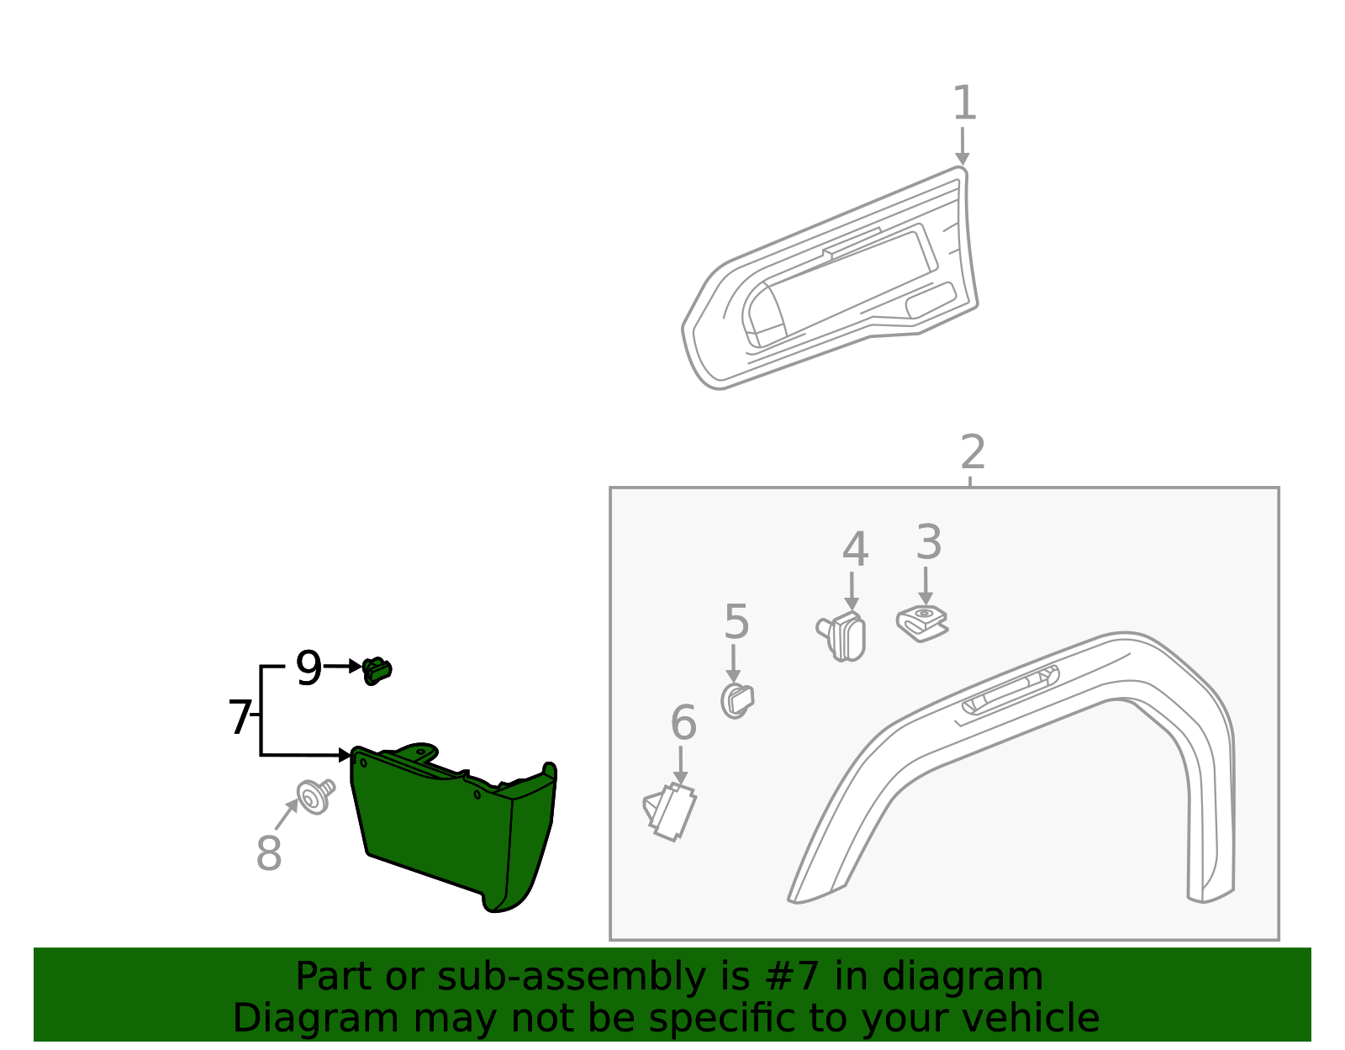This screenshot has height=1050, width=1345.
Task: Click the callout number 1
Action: click(964, 103)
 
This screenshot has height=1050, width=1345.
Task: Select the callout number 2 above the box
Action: click(973, 453)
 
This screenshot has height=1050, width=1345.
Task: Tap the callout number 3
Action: click(928, 543)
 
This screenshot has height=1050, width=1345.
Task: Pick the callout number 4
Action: click(855, 550)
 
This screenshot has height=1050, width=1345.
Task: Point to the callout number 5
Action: click(736, 623)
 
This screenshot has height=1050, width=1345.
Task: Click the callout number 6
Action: click(683, 723)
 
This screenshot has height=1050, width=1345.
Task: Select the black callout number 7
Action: click(240, 718)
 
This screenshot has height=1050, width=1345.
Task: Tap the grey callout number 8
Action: click(268, 854)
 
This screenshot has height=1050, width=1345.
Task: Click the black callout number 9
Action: click(309, 669)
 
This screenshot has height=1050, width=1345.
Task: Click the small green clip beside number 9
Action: click(377, 670)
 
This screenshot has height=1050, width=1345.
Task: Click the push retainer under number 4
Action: click(844, 636)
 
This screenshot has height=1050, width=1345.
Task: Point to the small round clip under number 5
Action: click(737, 700)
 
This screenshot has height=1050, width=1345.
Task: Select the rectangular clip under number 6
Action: click(670, 811)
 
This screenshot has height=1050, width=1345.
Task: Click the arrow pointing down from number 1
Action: click(963, 147)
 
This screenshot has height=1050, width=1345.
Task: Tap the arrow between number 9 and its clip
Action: click(343, 667)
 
